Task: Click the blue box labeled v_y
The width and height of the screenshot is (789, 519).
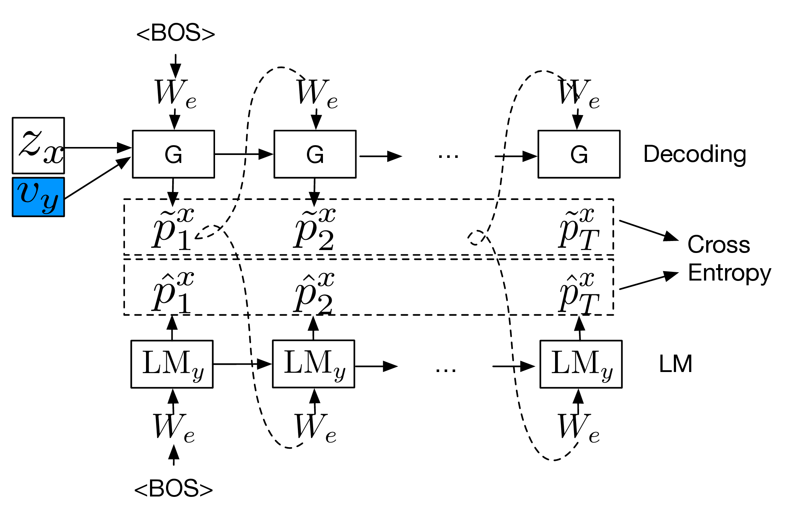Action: tap(38, 197)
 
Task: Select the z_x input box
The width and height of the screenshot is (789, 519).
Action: tap(38, 145)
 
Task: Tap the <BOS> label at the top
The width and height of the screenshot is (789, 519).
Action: tap(175, 33)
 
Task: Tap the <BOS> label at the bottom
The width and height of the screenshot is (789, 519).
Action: tap(173, 489)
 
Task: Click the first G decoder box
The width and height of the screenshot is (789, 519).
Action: tap(173, 154)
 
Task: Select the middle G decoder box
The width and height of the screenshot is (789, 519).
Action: tap(315, 154)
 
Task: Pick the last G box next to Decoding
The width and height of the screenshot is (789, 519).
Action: tap(579, 154)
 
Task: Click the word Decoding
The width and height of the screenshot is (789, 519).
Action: tap(695, 154)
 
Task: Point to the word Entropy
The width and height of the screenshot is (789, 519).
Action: tap(729, 273)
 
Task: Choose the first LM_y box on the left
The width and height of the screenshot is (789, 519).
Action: tap(172, 364)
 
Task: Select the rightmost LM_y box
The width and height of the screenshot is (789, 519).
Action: tap(581, 364)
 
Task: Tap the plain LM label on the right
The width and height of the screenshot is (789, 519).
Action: tap(675, 364)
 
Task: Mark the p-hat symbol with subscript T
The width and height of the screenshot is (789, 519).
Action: tap(578, 293)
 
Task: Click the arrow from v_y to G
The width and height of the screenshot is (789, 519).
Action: tap(97, 178)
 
